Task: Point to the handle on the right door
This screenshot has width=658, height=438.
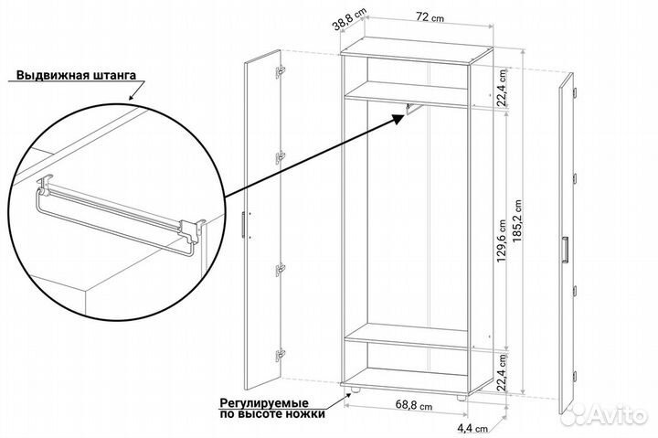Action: [567, 250]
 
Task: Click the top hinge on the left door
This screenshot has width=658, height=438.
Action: [279, 70]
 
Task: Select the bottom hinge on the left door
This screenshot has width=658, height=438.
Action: [279, 352]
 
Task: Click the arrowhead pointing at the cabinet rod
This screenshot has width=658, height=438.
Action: [403, 113]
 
